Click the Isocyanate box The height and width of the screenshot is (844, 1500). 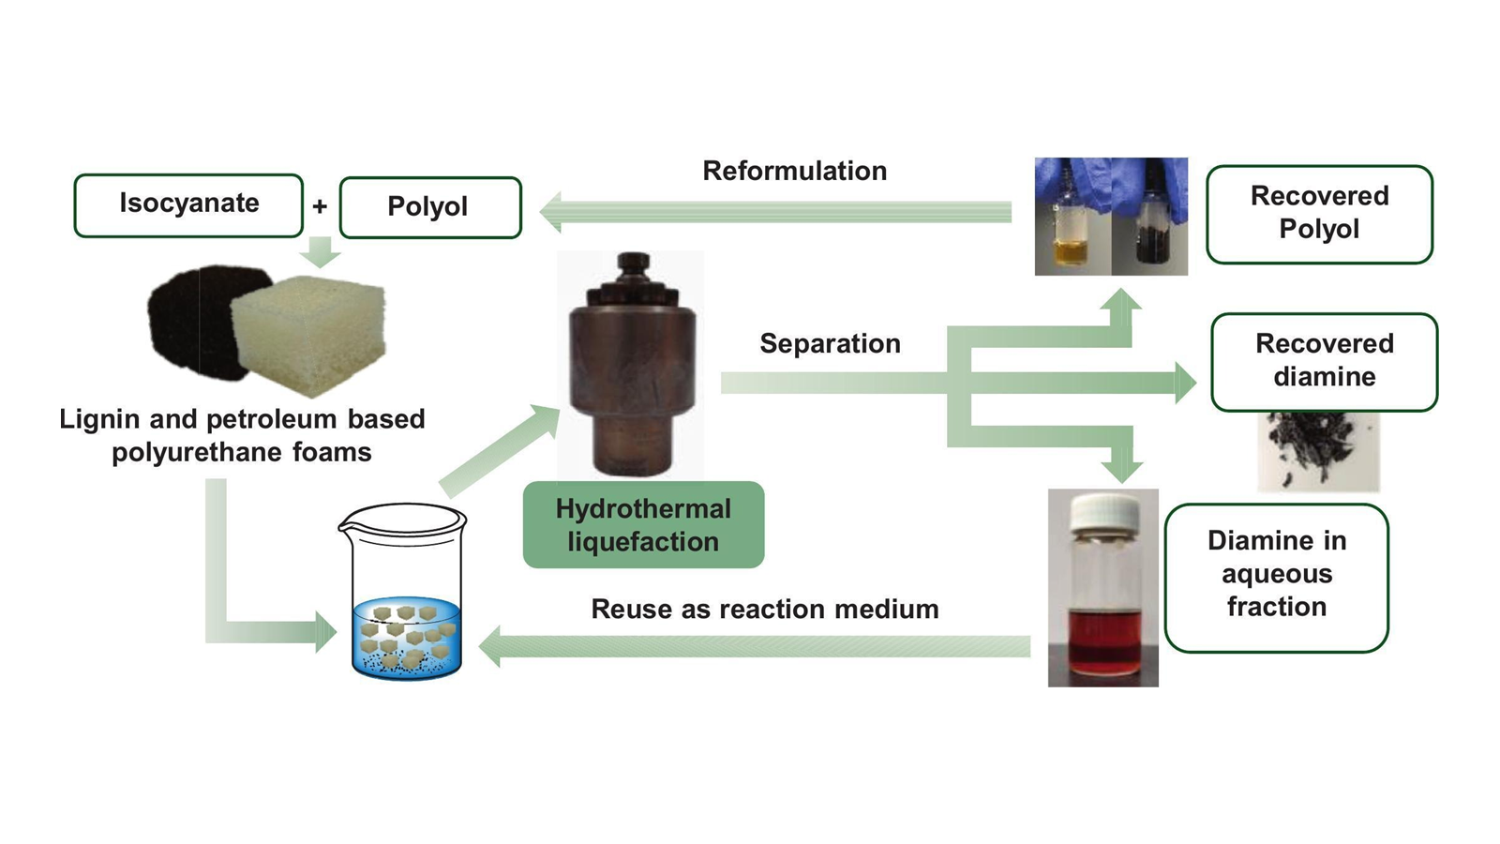[x=188, y=204]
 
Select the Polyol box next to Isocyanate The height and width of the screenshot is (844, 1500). [x=429, y=207]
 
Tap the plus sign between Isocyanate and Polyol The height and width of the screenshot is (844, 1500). [x=320, y=206]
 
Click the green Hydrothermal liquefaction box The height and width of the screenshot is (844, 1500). [x=643, y=525]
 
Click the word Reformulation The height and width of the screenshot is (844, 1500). [x=794, y=171]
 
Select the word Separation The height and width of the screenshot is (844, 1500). [x=830, y=343]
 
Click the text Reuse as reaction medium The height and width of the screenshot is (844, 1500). [x=764, y=610]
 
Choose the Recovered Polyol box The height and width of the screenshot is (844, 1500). [x=1319, y=214]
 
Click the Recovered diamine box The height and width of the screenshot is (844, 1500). [x=1324, y=361]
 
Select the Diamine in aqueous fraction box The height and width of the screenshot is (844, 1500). [x=1276, y=574]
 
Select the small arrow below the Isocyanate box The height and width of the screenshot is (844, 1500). [x=321, y=251]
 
